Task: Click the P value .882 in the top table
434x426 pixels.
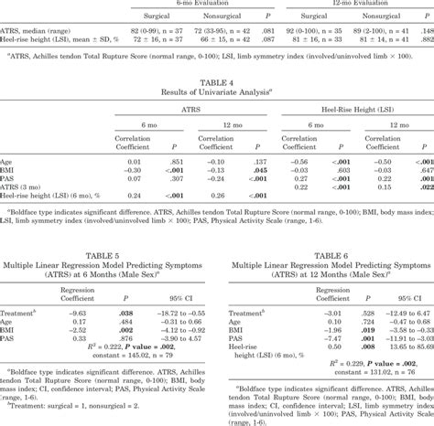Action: (425, 42)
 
